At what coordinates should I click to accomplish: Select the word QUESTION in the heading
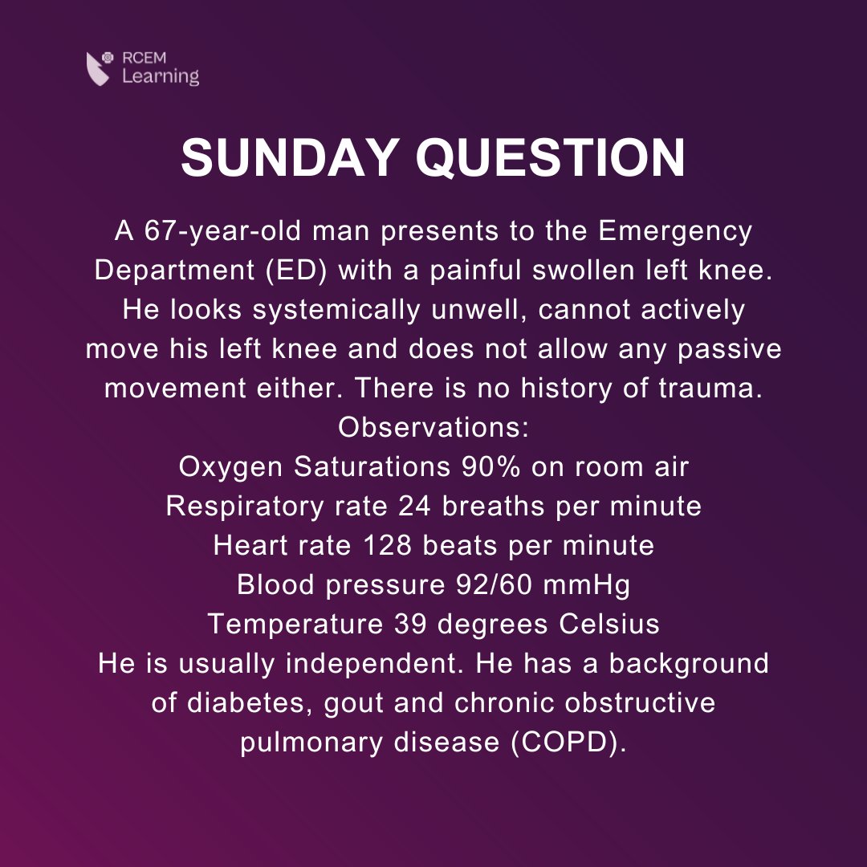point(551,158)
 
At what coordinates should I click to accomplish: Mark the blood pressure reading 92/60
point(486,585)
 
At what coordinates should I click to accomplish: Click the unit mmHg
point(587,585)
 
